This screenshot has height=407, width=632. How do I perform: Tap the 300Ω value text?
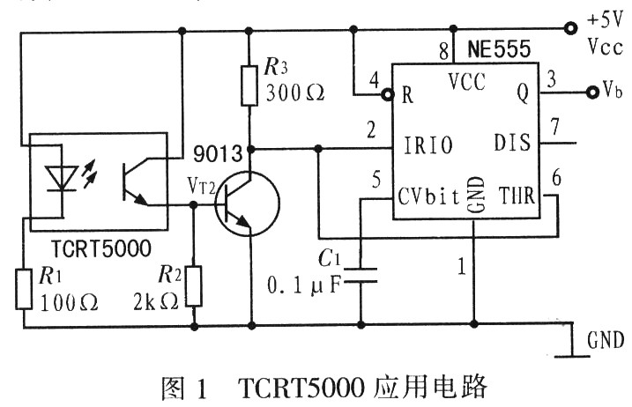point(294,94)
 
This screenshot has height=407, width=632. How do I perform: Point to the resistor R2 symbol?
point(194,283)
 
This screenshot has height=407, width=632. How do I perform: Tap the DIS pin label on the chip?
point(513,142)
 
